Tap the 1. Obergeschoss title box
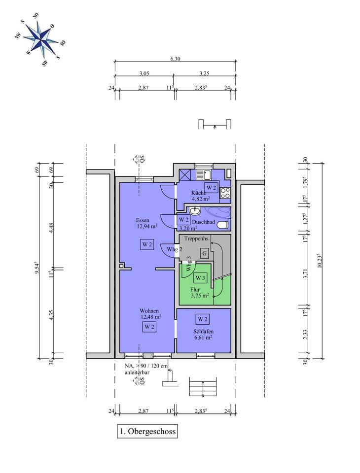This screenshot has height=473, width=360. (x=147, y=431)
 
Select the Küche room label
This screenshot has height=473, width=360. (x=198, y=193)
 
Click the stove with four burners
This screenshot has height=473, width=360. (x=225, y=193)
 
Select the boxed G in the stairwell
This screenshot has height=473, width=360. (x=205, y=253)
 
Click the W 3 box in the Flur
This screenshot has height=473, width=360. (x=200, y=277)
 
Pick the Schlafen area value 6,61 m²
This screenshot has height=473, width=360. (x=203, y=338)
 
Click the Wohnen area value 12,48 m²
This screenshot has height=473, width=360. (x=150, y=316)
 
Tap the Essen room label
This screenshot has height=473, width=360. (x=143, y=220)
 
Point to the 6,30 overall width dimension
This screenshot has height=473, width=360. (x=175, y=59)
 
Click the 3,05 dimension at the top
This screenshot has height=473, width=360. (x=144, y=73)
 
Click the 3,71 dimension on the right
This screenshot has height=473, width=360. (x=305, y=273)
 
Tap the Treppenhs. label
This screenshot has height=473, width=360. (x=197, y=238)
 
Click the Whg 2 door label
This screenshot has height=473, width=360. (x=175, y=249)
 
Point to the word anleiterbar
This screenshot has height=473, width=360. (x=137, y=372)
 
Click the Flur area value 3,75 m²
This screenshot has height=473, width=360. (x=200, y=296)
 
